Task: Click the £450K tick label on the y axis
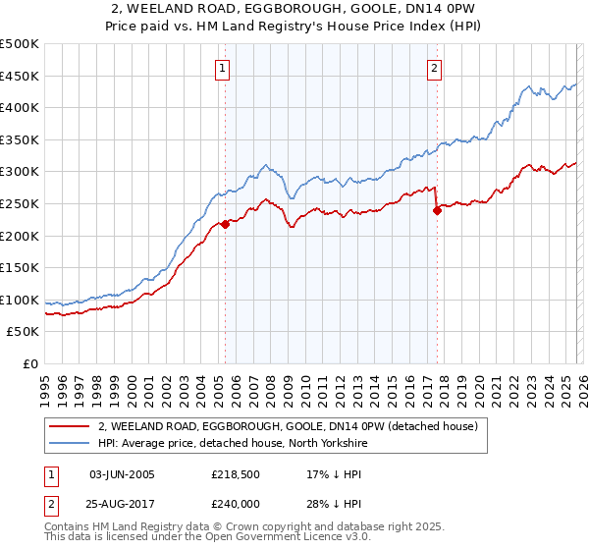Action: click(20, 76)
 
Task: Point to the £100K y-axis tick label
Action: click(20, 300)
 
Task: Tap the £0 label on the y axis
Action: click(31, 364)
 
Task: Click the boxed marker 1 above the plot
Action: click(225, 69)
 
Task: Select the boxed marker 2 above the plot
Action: click(433, 69)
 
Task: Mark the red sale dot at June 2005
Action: click(225, 224)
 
